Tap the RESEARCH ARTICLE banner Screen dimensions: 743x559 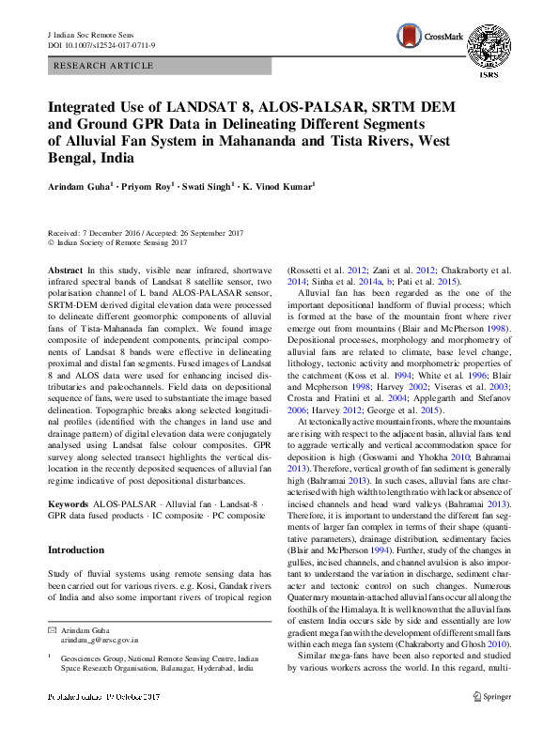click(104, 66)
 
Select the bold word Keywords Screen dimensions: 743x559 click(70, 503)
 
